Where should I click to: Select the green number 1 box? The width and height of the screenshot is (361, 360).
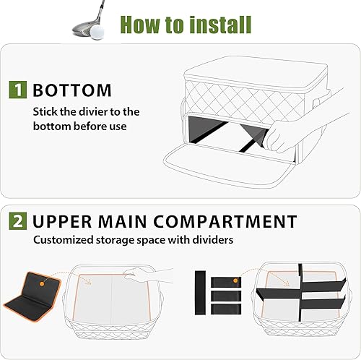pos(17,90)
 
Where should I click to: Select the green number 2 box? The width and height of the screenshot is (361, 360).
pos(17,221)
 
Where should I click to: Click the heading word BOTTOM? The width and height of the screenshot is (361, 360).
pos(71,90)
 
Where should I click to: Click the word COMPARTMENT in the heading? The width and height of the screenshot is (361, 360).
pos(228,221)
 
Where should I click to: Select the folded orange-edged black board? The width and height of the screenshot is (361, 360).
pos(36,296)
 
